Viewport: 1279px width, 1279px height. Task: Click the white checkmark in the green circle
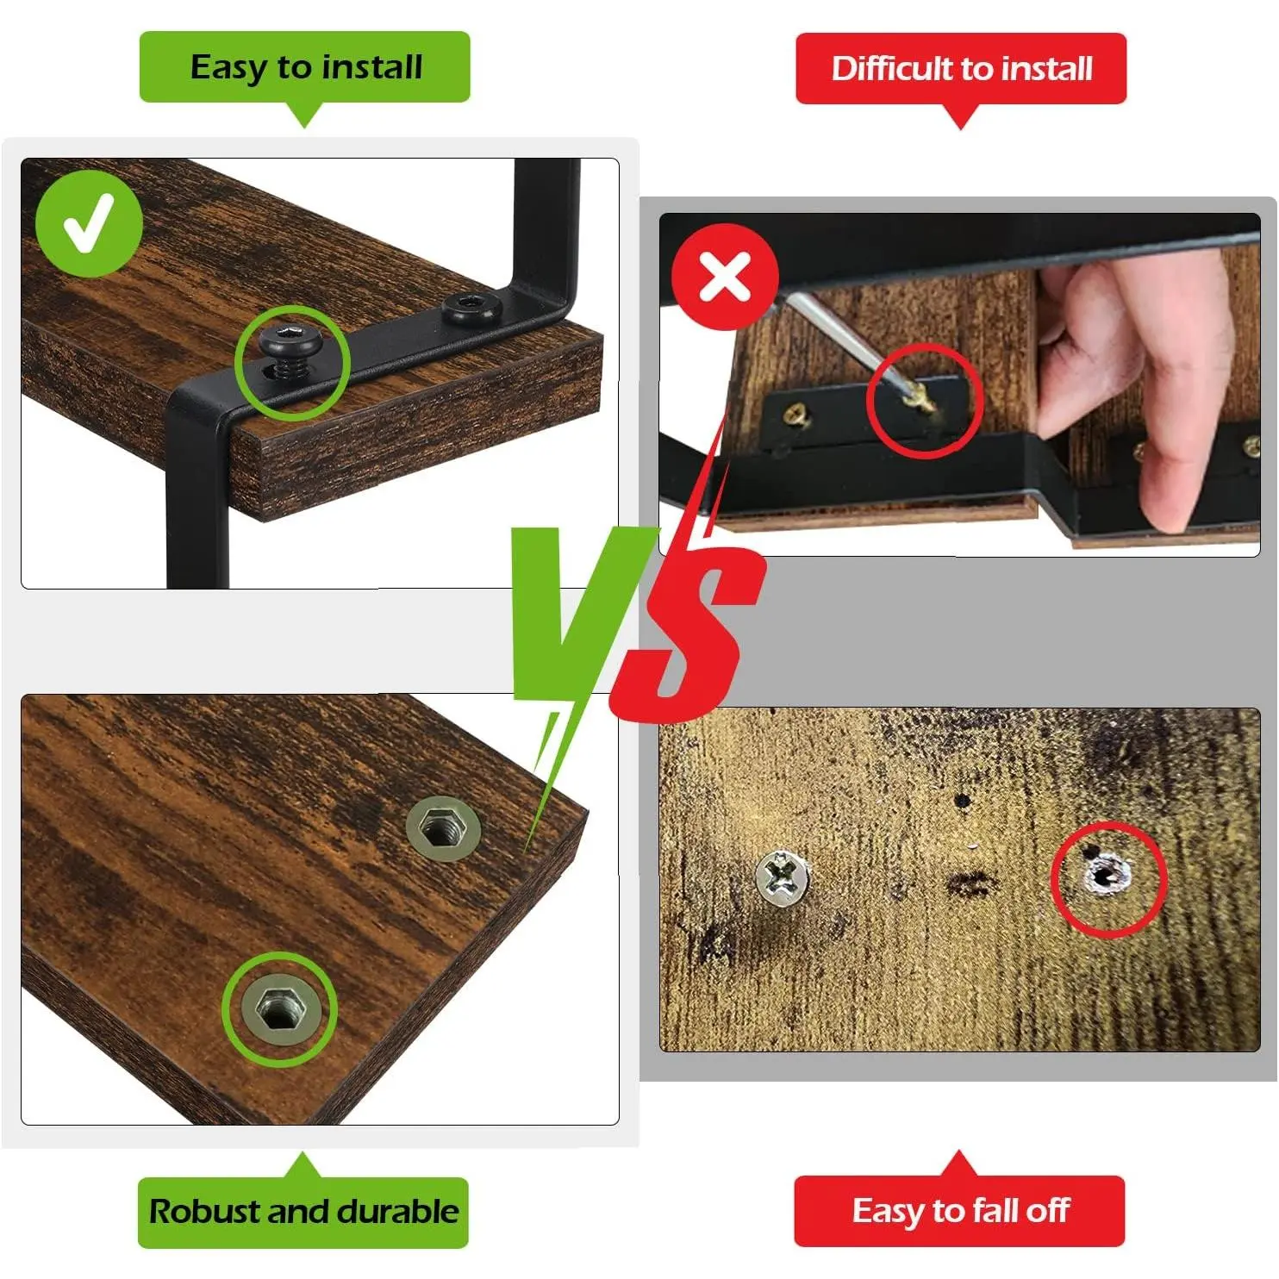[89, 223]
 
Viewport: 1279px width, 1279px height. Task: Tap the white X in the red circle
[725, 277]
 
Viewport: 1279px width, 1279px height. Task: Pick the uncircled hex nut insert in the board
[443, 829]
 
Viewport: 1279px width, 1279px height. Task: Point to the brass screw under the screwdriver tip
[923, 399]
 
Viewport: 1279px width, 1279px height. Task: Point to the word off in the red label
[1048, 1210]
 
